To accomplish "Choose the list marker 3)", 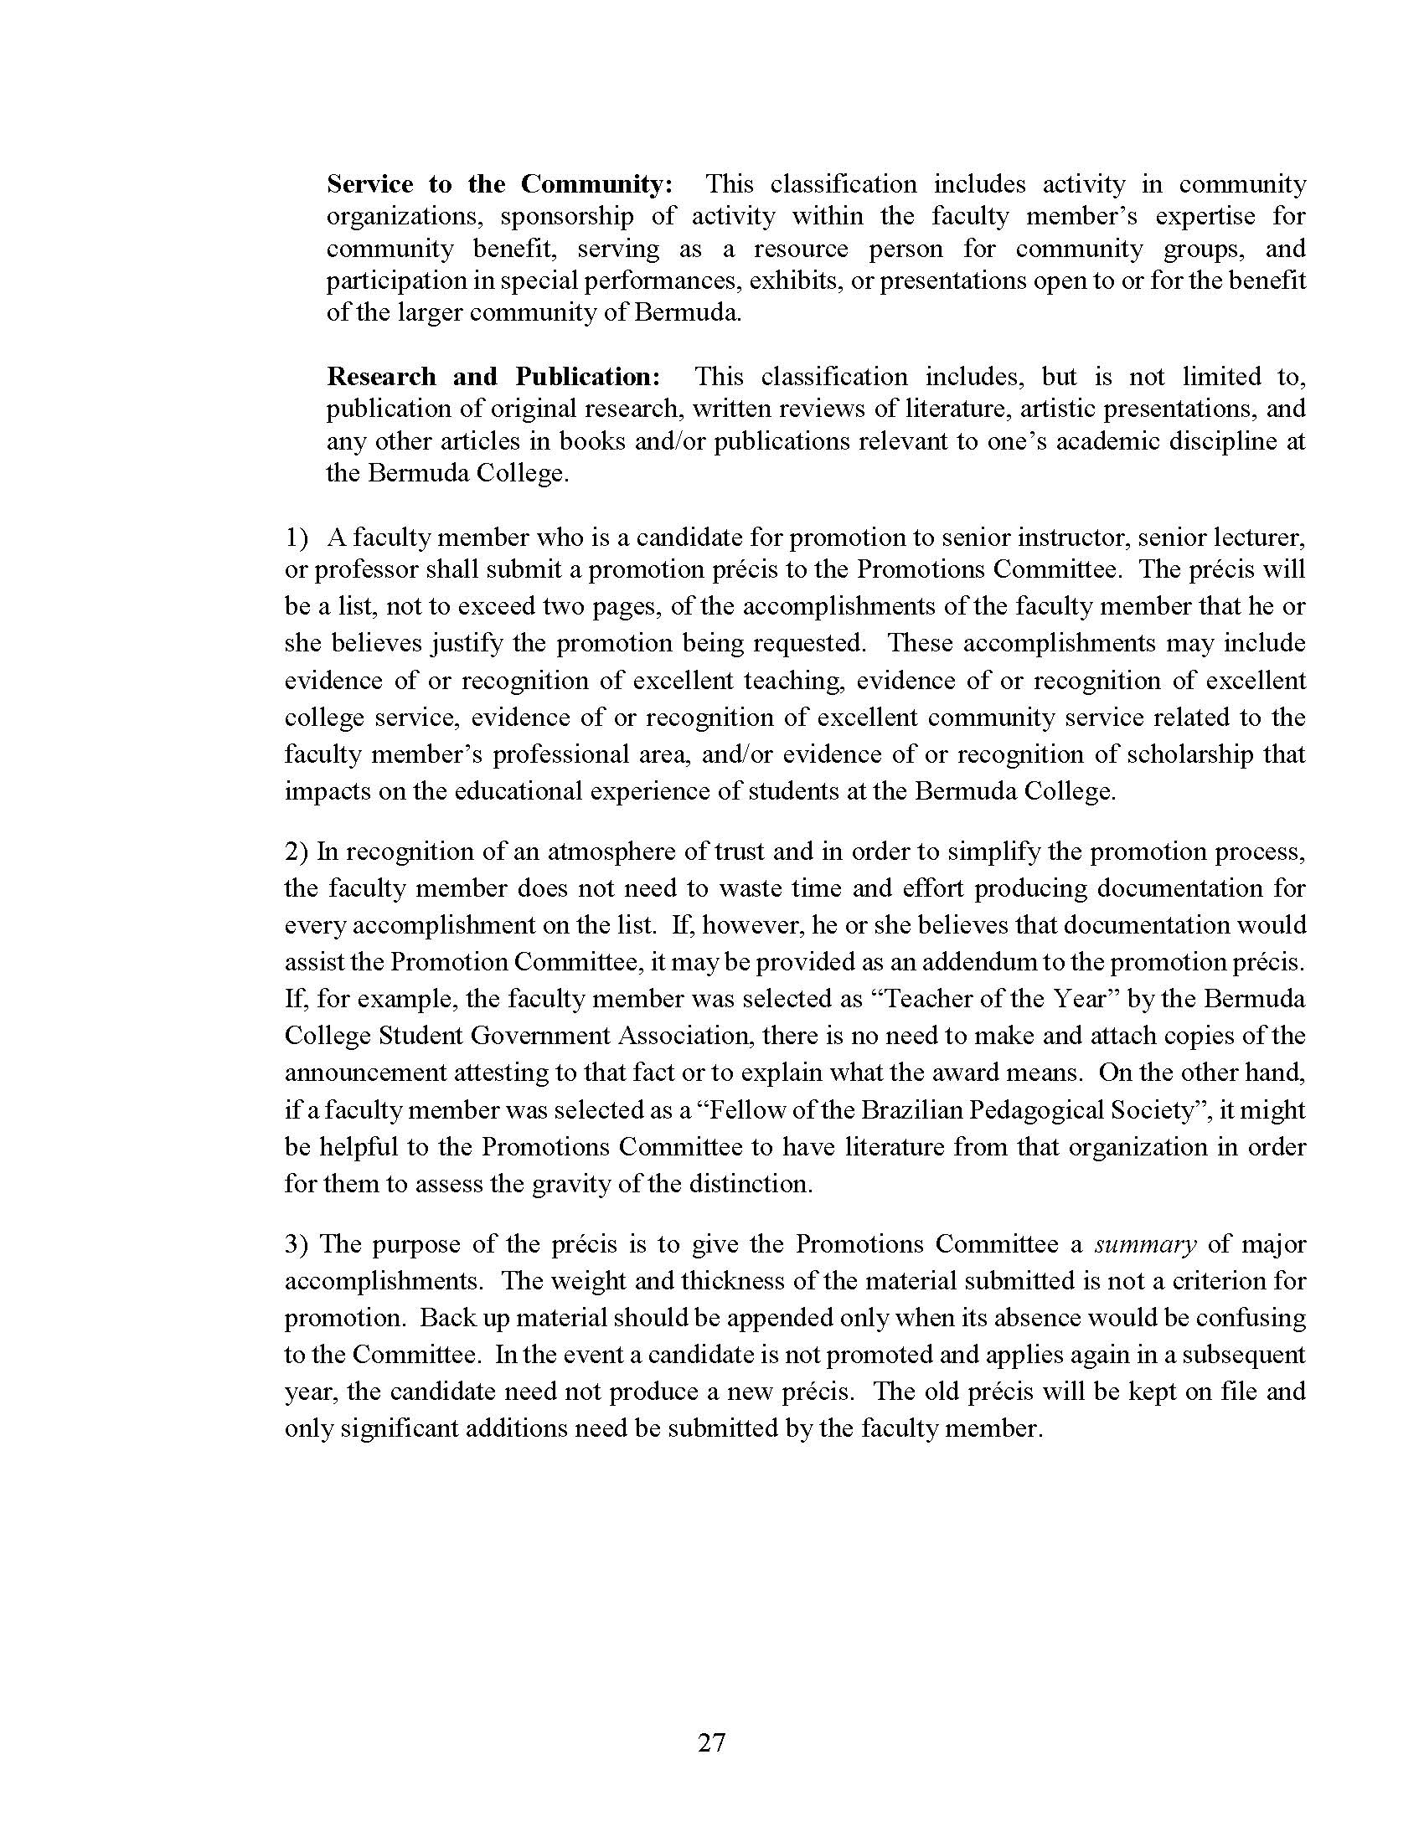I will click(298, 1244).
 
